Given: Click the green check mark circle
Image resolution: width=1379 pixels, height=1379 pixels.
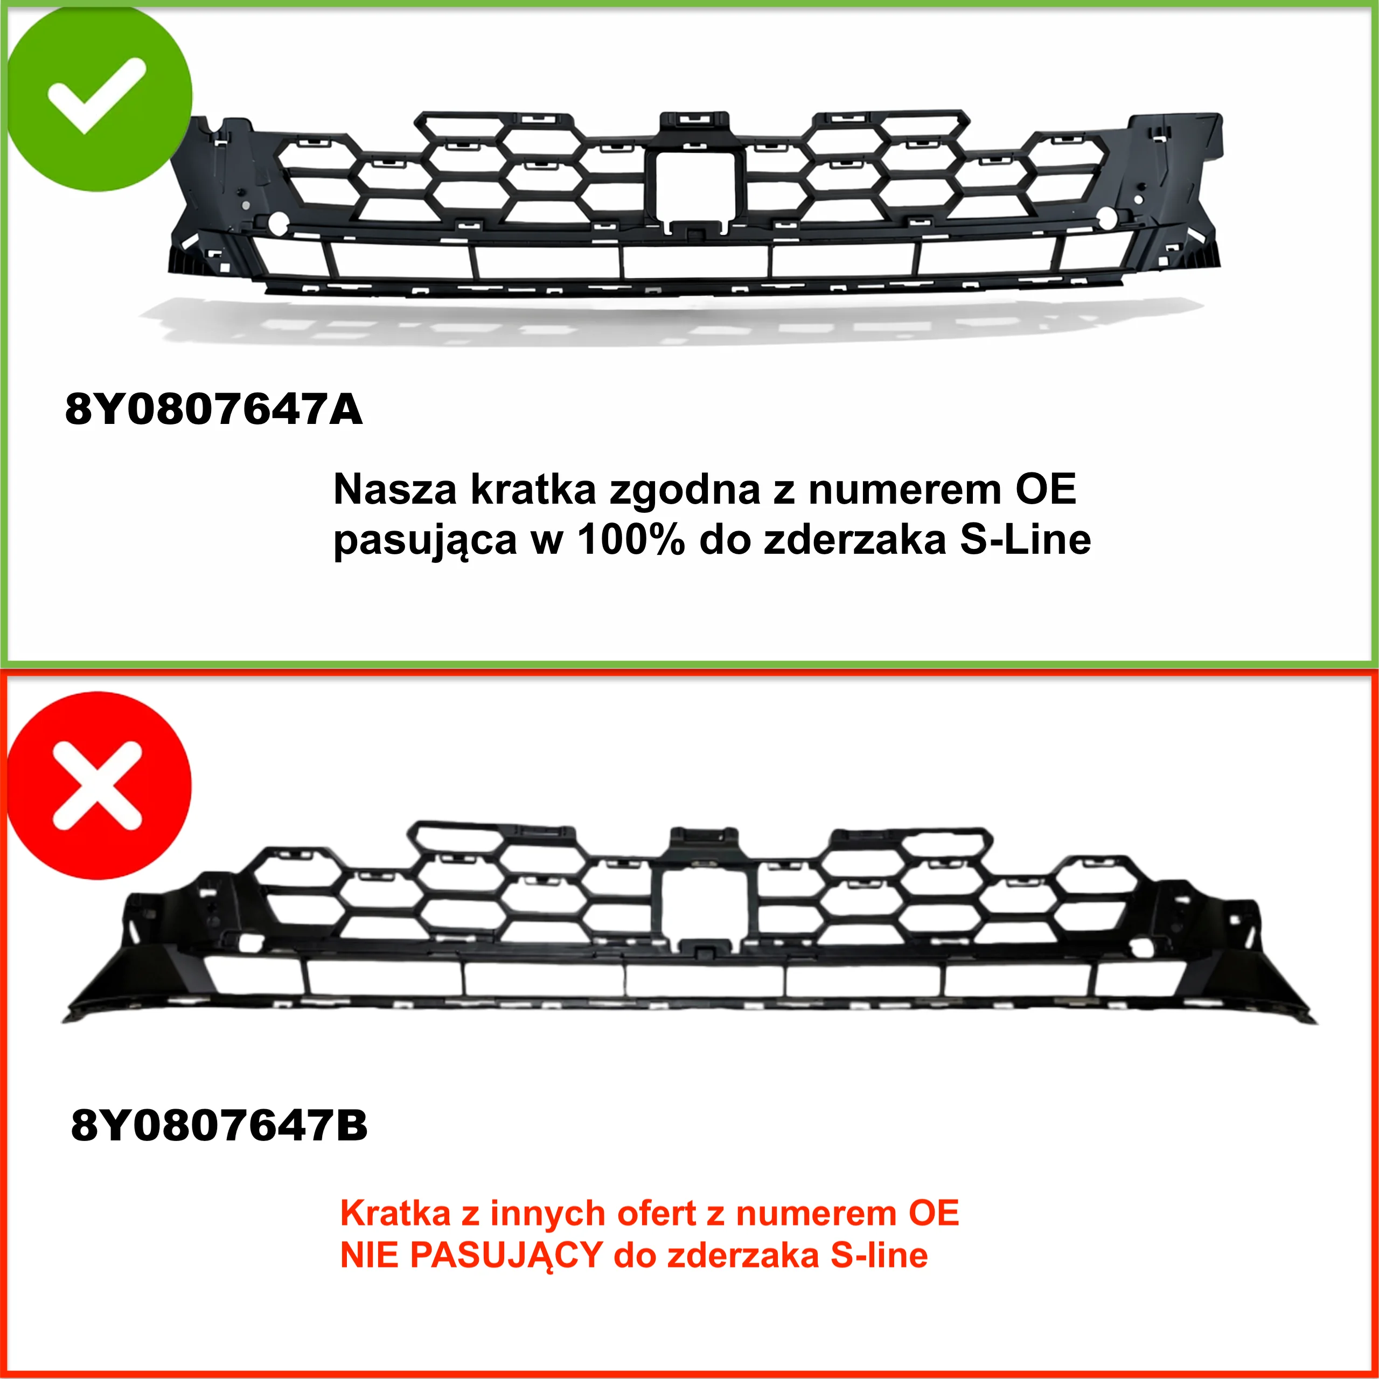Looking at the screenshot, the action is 99,99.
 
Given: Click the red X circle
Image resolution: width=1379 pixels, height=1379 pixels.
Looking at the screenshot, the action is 99,785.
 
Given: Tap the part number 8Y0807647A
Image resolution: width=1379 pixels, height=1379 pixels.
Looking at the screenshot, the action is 213,409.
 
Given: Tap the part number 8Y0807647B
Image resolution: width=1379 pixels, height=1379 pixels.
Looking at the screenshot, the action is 219,1126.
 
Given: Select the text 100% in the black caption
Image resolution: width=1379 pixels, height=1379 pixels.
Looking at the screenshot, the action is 631,540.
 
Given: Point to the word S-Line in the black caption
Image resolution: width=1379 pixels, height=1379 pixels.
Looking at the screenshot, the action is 1025,540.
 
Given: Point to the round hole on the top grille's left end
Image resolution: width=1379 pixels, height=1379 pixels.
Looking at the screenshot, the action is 277,222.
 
